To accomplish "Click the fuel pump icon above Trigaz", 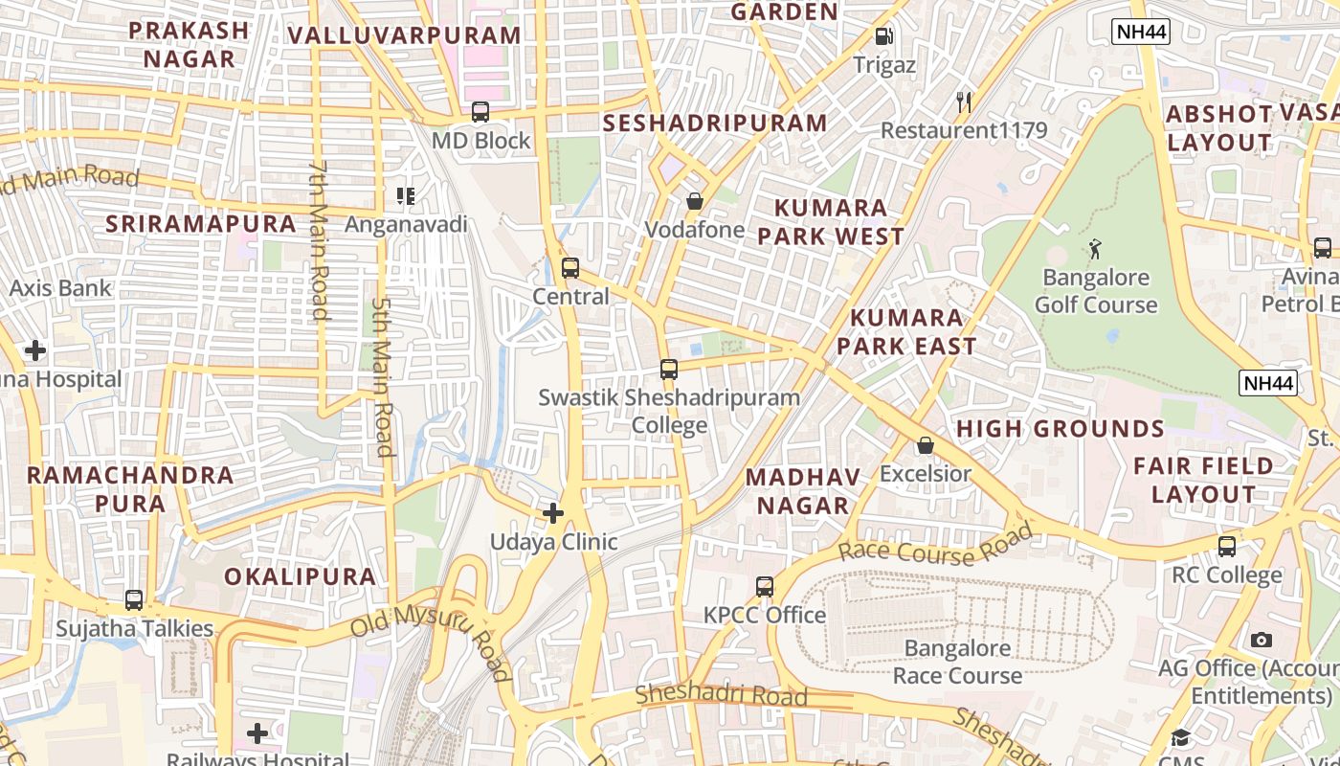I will [x=884, y=36].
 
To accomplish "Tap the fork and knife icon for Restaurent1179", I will [x=964, y=101].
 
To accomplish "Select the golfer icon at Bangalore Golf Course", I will [x=1095, y=250].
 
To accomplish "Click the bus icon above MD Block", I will [x=480, y=112].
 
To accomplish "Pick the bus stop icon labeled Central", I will [x=570, y=268].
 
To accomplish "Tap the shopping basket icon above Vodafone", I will [x=695, y=201].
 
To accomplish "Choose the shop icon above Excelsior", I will [x=925, y=445].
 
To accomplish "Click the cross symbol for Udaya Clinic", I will [x=553, y=513].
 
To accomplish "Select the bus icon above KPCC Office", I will [x=764, y=586].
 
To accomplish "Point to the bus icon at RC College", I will [x=1227, y=547].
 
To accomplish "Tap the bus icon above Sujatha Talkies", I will [x=134, y=600].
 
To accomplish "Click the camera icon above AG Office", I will [x=1262, y=640].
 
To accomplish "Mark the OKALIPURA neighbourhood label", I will [x=300, y=576].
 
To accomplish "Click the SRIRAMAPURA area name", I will [x=201, y=224].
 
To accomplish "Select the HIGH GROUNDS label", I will [x=1060, y=428].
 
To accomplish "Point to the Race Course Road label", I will [x=935, y=544].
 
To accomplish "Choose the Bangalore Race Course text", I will [x=957, y=662].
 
